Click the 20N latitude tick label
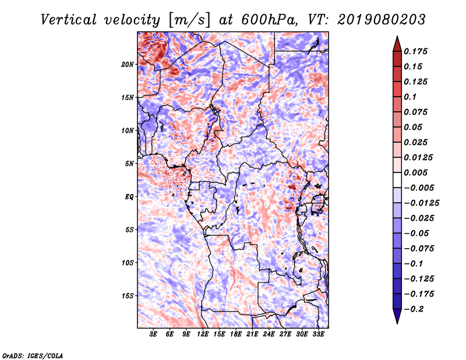click(128, 64)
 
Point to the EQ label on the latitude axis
click(129, 197)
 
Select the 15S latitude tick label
click(128, 296)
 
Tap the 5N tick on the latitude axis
click(129, 164)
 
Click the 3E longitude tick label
click(153, 334)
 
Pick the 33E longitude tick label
click(318, 334)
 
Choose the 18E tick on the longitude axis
click(236, 334)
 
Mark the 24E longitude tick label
click(269, 334)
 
